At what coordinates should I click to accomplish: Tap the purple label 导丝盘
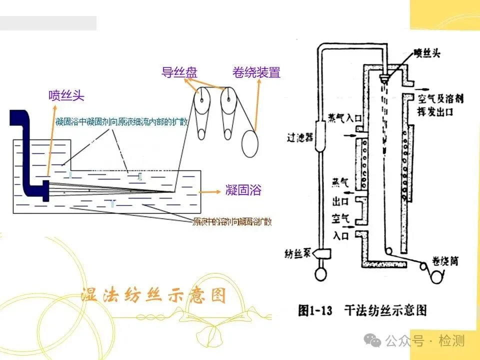179,72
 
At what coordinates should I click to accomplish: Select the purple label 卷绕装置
256,72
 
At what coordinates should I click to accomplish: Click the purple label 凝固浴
243,190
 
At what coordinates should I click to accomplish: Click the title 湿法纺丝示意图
153,295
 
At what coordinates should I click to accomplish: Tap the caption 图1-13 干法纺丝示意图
362,310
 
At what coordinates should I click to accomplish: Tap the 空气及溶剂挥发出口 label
440,105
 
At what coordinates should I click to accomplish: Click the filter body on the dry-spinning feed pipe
321,135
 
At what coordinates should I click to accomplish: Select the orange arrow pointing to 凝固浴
210,191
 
